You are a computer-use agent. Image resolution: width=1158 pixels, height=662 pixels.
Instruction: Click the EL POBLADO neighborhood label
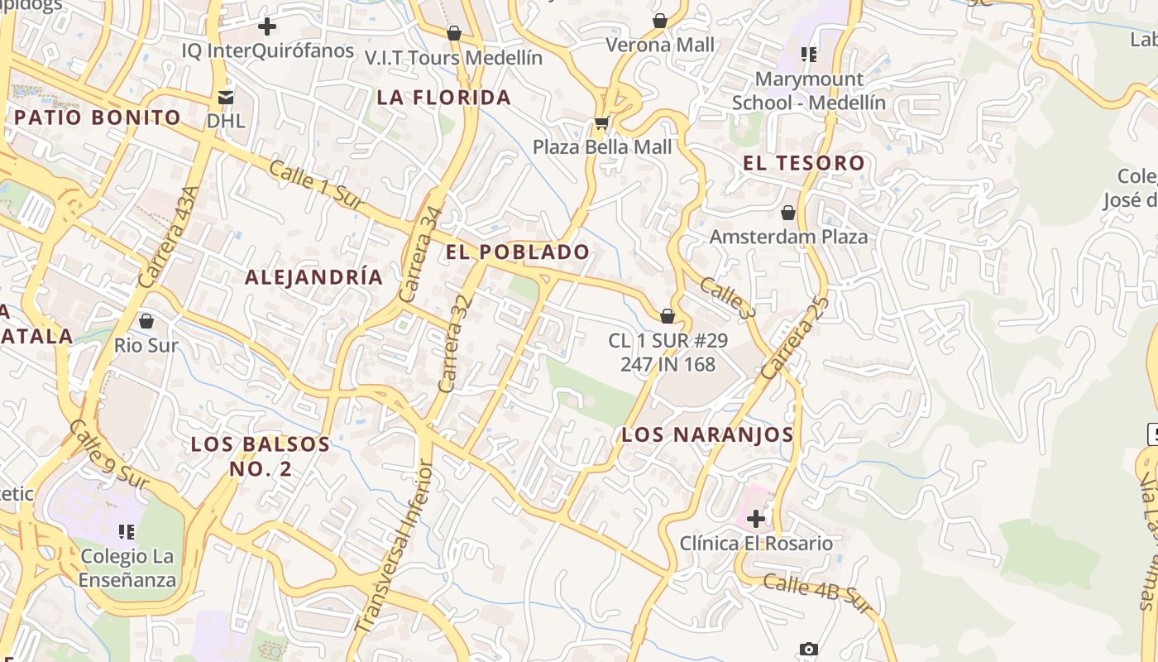pos(518,252)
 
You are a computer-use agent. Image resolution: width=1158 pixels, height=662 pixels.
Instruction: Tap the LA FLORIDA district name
pos(443,98)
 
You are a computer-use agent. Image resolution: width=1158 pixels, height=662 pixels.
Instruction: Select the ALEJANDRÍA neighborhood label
pos(314,277)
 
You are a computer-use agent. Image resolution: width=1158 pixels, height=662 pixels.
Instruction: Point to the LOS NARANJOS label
pos(707,434)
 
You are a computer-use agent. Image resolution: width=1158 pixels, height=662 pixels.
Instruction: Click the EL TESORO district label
pos(803,163)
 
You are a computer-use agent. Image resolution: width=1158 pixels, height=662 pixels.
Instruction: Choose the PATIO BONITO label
pos(98,118)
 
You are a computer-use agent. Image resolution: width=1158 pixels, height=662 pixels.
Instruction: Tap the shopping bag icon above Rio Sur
pos(146,320)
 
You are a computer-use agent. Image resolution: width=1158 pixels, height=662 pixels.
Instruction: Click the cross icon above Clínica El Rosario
pos(756,519)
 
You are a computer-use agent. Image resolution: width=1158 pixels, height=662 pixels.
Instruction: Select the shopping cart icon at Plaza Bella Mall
pos(601,123)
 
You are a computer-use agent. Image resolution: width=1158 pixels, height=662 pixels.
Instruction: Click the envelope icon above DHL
pos(226,97)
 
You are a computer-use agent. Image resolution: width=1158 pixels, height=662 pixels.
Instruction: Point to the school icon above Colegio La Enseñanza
pos(127,531)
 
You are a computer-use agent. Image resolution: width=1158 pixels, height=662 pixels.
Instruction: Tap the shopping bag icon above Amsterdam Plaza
pos(788,213)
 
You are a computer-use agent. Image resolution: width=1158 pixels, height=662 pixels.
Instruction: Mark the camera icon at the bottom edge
pos(808,650)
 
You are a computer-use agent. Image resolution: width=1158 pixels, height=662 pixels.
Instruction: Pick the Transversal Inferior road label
pos(395,546)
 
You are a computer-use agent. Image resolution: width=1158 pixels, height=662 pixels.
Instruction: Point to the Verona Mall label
pos(659,45)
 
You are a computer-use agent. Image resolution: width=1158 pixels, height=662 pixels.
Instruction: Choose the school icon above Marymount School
pos(808,55)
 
